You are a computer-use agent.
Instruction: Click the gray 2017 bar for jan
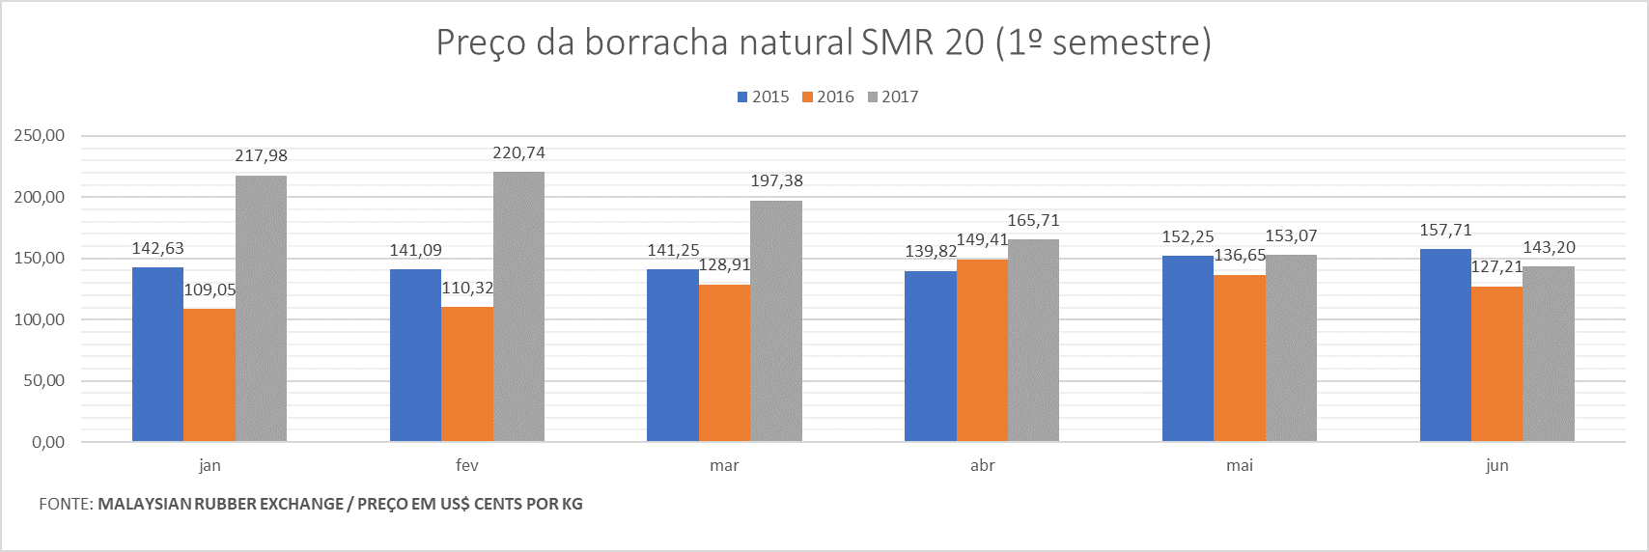(261, 309)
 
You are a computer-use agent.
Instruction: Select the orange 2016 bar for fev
(467, 374)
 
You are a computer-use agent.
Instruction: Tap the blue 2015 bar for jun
(1445, 345)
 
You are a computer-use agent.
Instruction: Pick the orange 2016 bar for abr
(982, 350)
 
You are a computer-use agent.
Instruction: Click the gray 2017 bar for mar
(776, 321)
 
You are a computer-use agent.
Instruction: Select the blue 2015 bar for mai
(1188, 348)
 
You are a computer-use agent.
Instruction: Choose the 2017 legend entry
(893, 97)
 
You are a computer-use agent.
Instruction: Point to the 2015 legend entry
(764, 97)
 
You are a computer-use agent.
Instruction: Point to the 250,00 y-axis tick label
(40, 136)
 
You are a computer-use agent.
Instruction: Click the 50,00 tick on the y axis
(43, 381)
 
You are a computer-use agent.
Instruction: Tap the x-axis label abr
(982, 465)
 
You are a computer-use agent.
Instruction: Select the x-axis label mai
(1240, 465)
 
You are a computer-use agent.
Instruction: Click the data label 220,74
(519, 153)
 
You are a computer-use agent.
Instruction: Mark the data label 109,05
(210, 290)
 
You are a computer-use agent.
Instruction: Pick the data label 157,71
(1445, 231)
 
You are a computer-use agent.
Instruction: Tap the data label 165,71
(1033, 221)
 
